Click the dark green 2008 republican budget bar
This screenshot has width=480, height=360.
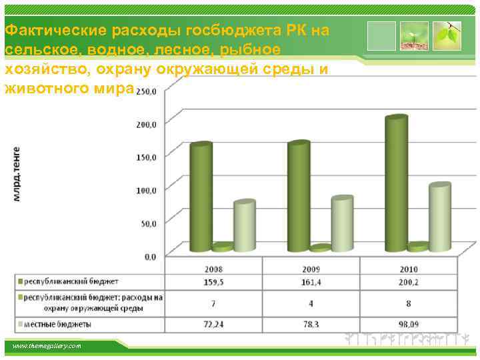click(201, 197)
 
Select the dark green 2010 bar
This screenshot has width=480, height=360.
click(395, 183)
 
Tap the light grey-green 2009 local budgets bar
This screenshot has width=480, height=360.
click(341, 223)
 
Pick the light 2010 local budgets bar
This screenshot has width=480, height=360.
click(439, 217)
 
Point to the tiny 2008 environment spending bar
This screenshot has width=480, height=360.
click(223, 247)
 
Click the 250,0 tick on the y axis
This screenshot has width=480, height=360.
click(147, 92)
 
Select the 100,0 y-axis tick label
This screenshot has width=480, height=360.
click(147, 190)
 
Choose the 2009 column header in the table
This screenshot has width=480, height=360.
click(310, 269)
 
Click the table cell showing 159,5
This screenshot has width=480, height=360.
click(213, 283)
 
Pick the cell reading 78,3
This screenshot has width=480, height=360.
click(310, 324)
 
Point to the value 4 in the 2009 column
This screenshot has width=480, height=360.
click(310, 303)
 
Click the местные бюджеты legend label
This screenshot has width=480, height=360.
click(60, 325)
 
